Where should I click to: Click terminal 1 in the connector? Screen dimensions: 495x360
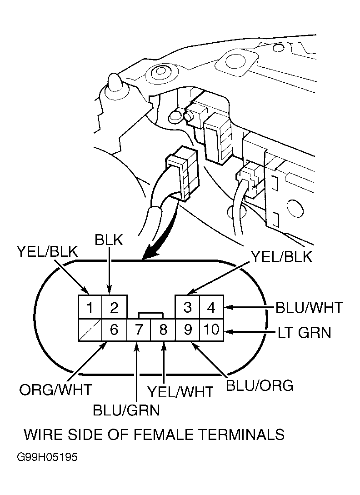(90, 308)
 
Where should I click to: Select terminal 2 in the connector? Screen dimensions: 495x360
(114, 308)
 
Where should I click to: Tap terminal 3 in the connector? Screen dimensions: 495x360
(187, 308)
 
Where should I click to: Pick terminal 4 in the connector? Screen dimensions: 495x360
(211, 308)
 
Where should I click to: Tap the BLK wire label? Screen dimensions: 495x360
(109, 240)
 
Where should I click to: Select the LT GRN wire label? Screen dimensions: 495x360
(305, 333)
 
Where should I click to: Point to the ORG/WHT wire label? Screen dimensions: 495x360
(55, 390)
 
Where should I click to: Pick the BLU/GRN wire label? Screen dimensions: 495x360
(126, 410)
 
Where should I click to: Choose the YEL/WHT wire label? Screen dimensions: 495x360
(180, 391)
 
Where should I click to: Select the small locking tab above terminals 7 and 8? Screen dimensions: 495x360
(150, 315)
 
